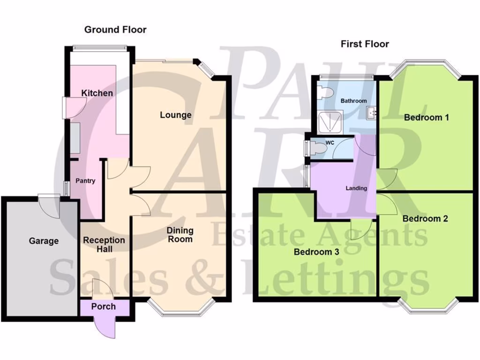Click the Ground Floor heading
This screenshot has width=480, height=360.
pos(115,30)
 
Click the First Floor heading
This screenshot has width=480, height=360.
pos(365,44)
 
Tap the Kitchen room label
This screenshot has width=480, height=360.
pos(97,93)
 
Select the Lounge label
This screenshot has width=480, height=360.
pos(175,115)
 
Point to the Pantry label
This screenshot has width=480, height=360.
pos(85,180)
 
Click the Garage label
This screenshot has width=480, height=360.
pos(44,241)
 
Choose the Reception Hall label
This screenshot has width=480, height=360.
pos(104,244)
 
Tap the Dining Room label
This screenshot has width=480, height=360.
pos(180,234)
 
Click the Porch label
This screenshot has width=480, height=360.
pos(103,307)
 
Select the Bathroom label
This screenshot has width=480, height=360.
pos(353,101)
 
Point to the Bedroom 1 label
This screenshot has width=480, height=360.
pos(427,117)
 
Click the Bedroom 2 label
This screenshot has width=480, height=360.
pos(425,218)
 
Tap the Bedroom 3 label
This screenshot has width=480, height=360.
pos(316,252)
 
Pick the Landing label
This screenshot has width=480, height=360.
pos(356,188)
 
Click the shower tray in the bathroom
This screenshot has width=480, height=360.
pos(330,121)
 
